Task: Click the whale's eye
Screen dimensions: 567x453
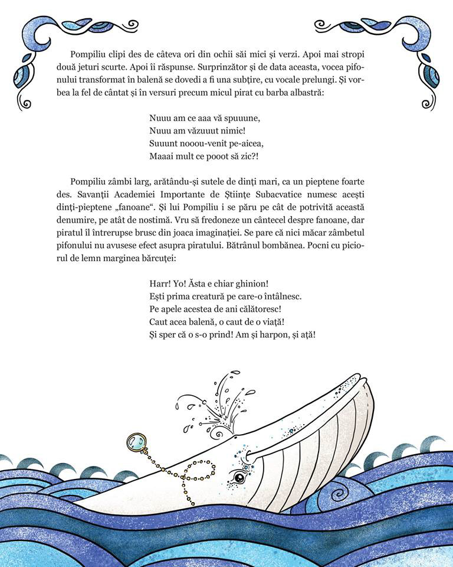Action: [238, 477]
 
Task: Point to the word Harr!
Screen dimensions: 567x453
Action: [162, 283]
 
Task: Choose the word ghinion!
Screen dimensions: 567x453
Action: [248, 283]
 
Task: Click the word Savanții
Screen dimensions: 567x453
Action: [87, 195]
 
